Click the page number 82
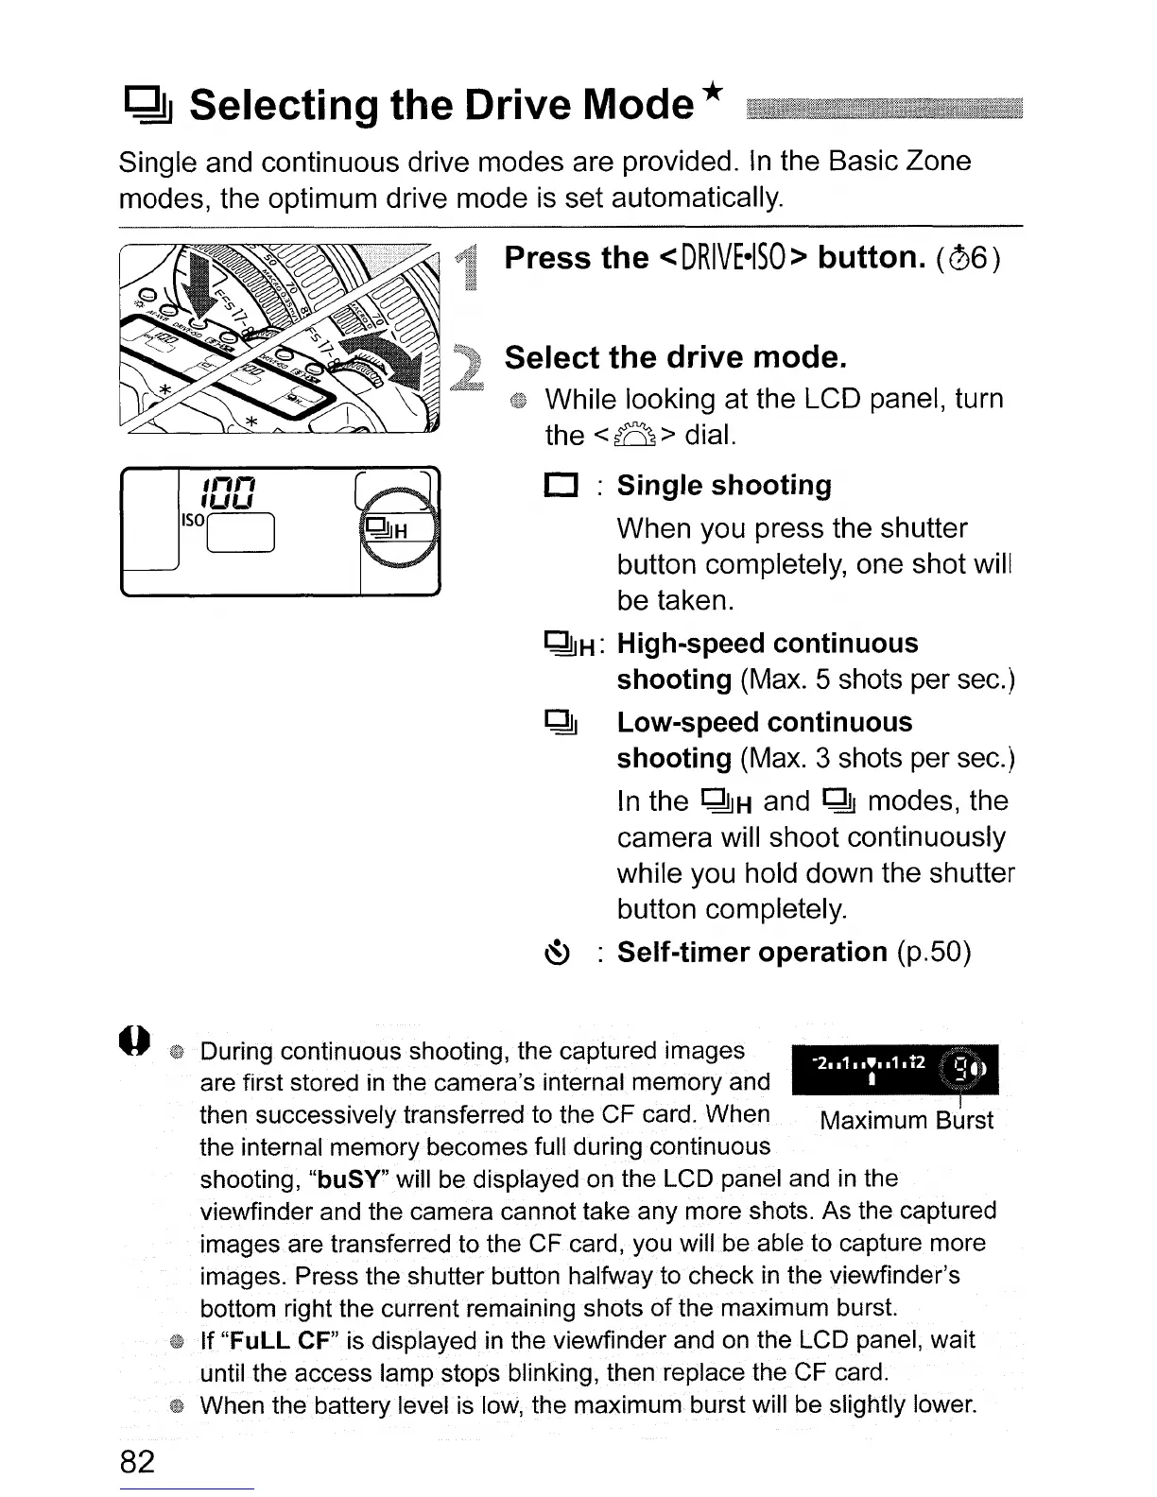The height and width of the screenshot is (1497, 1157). tap(137, 1461)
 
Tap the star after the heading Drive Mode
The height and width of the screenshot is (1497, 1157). tap(714, 92)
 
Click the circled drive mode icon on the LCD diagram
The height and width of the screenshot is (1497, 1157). tap(389, 529)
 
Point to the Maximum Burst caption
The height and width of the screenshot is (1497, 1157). tap(907, 1121)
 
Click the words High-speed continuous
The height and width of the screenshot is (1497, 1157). tap(767, 644)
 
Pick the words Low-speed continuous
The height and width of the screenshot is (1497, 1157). tap(764, 723)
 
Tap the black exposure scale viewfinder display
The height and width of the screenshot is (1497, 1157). tap(893, 1071)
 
